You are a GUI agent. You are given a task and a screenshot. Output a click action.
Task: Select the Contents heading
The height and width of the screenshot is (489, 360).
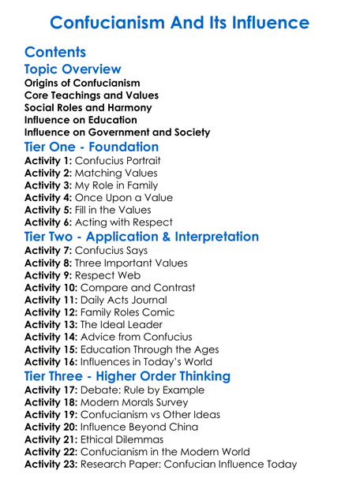[x=55, y=53]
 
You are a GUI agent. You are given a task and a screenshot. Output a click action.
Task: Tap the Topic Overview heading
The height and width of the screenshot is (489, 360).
[x=73, y=70]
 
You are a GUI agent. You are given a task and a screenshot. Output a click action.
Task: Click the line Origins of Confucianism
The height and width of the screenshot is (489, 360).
[x=82, y=83]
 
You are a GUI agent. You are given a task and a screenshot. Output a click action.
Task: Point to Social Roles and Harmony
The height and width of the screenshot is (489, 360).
[x=88, y=107]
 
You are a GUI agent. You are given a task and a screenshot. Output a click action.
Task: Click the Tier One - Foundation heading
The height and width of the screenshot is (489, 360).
[x=92, y=147]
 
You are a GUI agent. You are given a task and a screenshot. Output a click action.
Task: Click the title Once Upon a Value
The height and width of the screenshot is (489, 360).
[x=123, y=198]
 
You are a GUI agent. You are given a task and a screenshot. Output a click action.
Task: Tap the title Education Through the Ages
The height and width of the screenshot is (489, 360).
[x=158, y=349]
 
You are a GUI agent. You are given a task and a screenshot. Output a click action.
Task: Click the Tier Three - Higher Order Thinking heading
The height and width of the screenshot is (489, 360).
[x=127, y=376]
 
